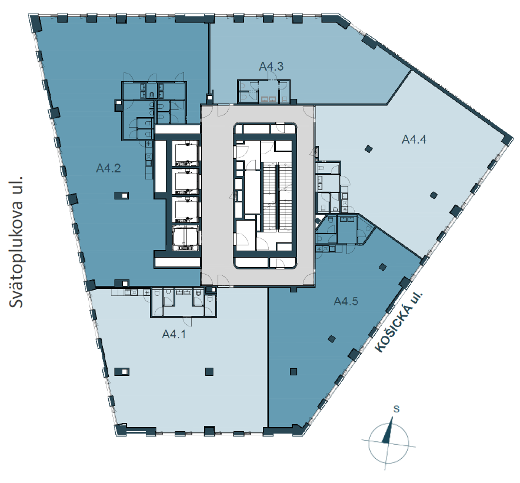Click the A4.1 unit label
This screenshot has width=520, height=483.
[x=174, y=334]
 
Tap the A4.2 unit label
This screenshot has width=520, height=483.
[x=108, y=168]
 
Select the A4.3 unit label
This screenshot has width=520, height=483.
[x=271, y=66]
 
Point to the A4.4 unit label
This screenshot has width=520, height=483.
[x=414, y=139]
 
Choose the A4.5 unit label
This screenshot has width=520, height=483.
[x=346, y=301]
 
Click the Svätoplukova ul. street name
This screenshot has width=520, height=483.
[x=16, y=242]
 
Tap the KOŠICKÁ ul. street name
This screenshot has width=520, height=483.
[x=399, y=322]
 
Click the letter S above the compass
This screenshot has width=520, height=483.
[x=396, y=409]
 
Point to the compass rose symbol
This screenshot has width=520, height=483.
[x=388, y=443]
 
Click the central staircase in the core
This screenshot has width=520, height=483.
[x=277, y=196]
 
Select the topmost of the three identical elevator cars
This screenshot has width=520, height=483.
[x=186, y=154]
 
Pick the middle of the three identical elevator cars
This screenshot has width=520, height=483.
[x=186, y=181]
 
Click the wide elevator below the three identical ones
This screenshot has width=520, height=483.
[x=186, y=238]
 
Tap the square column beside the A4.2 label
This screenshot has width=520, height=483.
[x=121, y=195]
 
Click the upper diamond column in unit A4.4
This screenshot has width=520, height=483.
[x=368, y=149]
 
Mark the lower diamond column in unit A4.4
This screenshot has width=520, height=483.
[x=434, y=195]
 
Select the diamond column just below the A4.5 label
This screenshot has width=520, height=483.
[x=332, y=339]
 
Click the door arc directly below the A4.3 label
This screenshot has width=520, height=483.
[x=272, y=76]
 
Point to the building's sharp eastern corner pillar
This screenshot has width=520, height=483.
[x=508, y=139]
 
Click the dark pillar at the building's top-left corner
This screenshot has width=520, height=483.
[x=35, y=24]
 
